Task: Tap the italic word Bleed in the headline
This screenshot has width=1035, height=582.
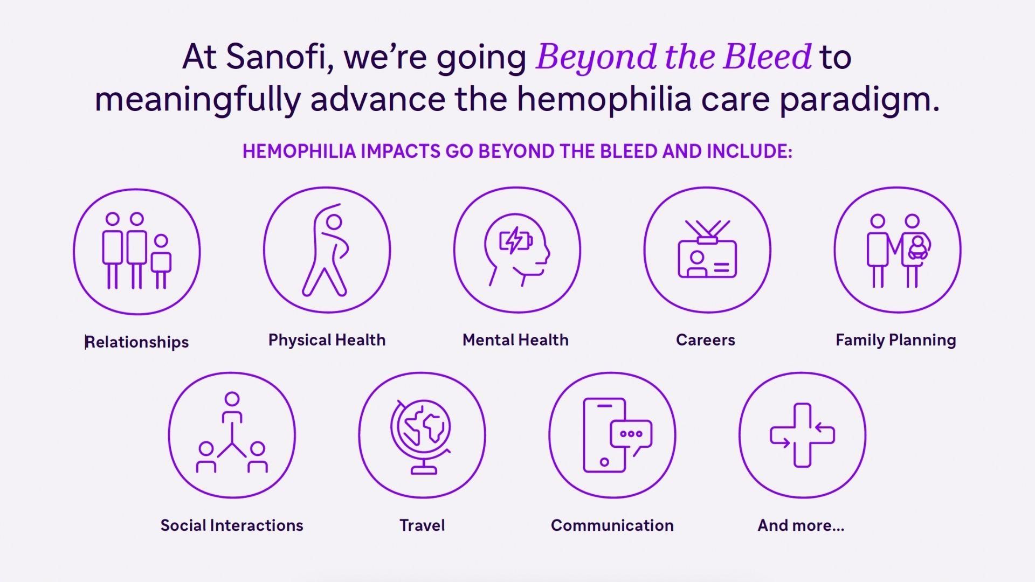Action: tap(768, 57)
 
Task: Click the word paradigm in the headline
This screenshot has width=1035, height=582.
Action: tap(859, 100)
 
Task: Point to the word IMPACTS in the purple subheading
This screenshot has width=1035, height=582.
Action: tap(401, 151)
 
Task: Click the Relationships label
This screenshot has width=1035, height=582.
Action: tap(137, 342)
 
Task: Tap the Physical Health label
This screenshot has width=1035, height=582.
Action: tap(327, 340)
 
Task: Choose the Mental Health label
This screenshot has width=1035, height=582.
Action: tap(515, 340)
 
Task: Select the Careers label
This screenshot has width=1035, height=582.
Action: tap(705, 340)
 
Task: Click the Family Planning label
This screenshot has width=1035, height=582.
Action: tap(895, 340)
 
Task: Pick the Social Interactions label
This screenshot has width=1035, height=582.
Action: tap(232, 525)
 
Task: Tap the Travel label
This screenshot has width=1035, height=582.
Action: tap(422, 525)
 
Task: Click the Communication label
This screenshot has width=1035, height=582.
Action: tap(612, 525)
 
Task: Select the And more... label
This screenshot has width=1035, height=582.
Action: tap(801, 525)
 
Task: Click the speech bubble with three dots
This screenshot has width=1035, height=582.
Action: tap(631, 434)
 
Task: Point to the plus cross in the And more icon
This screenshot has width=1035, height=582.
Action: tap(802, 435)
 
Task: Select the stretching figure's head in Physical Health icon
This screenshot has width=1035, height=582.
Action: tap(334, 222)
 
